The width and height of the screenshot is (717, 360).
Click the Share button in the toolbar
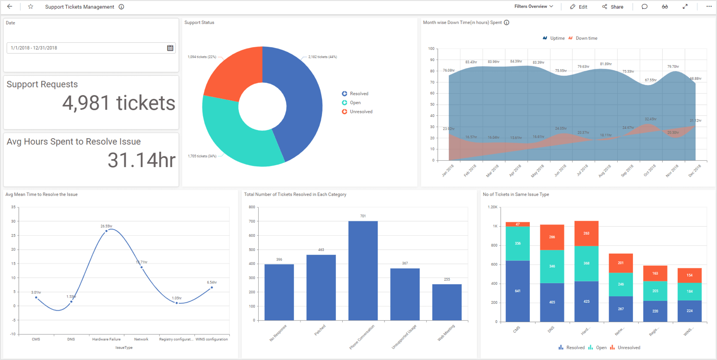point(612,7)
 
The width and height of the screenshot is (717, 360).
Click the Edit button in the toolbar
point(578,7)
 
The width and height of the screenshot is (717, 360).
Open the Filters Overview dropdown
point(533,7)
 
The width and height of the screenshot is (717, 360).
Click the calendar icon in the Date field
point(170,48)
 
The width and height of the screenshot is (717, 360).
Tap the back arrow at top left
point(10,7)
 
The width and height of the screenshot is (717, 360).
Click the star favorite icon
point(31,7)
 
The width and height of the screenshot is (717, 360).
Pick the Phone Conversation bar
point(363,271)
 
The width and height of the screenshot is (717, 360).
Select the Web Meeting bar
point(447,302)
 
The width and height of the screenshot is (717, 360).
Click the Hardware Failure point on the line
point(107,231)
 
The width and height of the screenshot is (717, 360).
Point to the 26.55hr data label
point(107,226)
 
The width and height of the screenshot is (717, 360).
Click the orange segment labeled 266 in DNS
point(552,237)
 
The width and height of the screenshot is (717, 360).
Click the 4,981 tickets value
point(119,103)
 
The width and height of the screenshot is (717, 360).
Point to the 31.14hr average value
point(142,160)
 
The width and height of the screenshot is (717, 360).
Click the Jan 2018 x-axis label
point(447,171)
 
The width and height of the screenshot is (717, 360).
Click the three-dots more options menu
point(709,7)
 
